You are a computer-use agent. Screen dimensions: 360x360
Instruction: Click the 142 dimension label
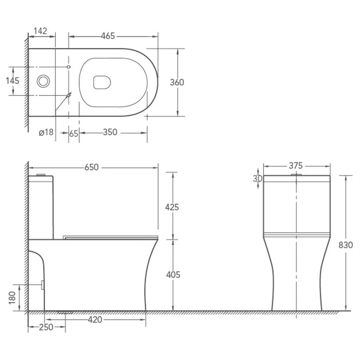pos(40,31)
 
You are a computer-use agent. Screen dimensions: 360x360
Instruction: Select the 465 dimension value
pos(108,36)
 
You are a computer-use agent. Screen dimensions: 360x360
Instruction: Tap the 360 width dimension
pos(177,82)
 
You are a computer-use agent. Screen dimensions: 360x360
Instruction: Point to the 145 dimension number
pos(12,81)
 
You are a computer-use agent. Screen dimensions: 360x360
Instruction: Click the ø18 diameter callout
pos(46,132)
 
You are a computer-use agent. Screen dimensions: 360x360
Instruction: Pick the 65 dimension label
pos(74,133)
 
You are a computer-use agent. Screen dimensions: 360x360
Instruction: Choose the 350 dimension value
pos(110,132)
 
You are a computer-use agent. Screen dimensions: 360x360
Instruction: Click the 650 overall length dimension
pos(91,168)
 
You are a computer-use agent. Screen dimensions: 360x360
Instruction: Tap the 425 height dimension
pos(172,207)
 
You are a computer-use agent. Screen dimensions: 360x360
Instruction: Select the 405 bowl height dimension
pos(173,275)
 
